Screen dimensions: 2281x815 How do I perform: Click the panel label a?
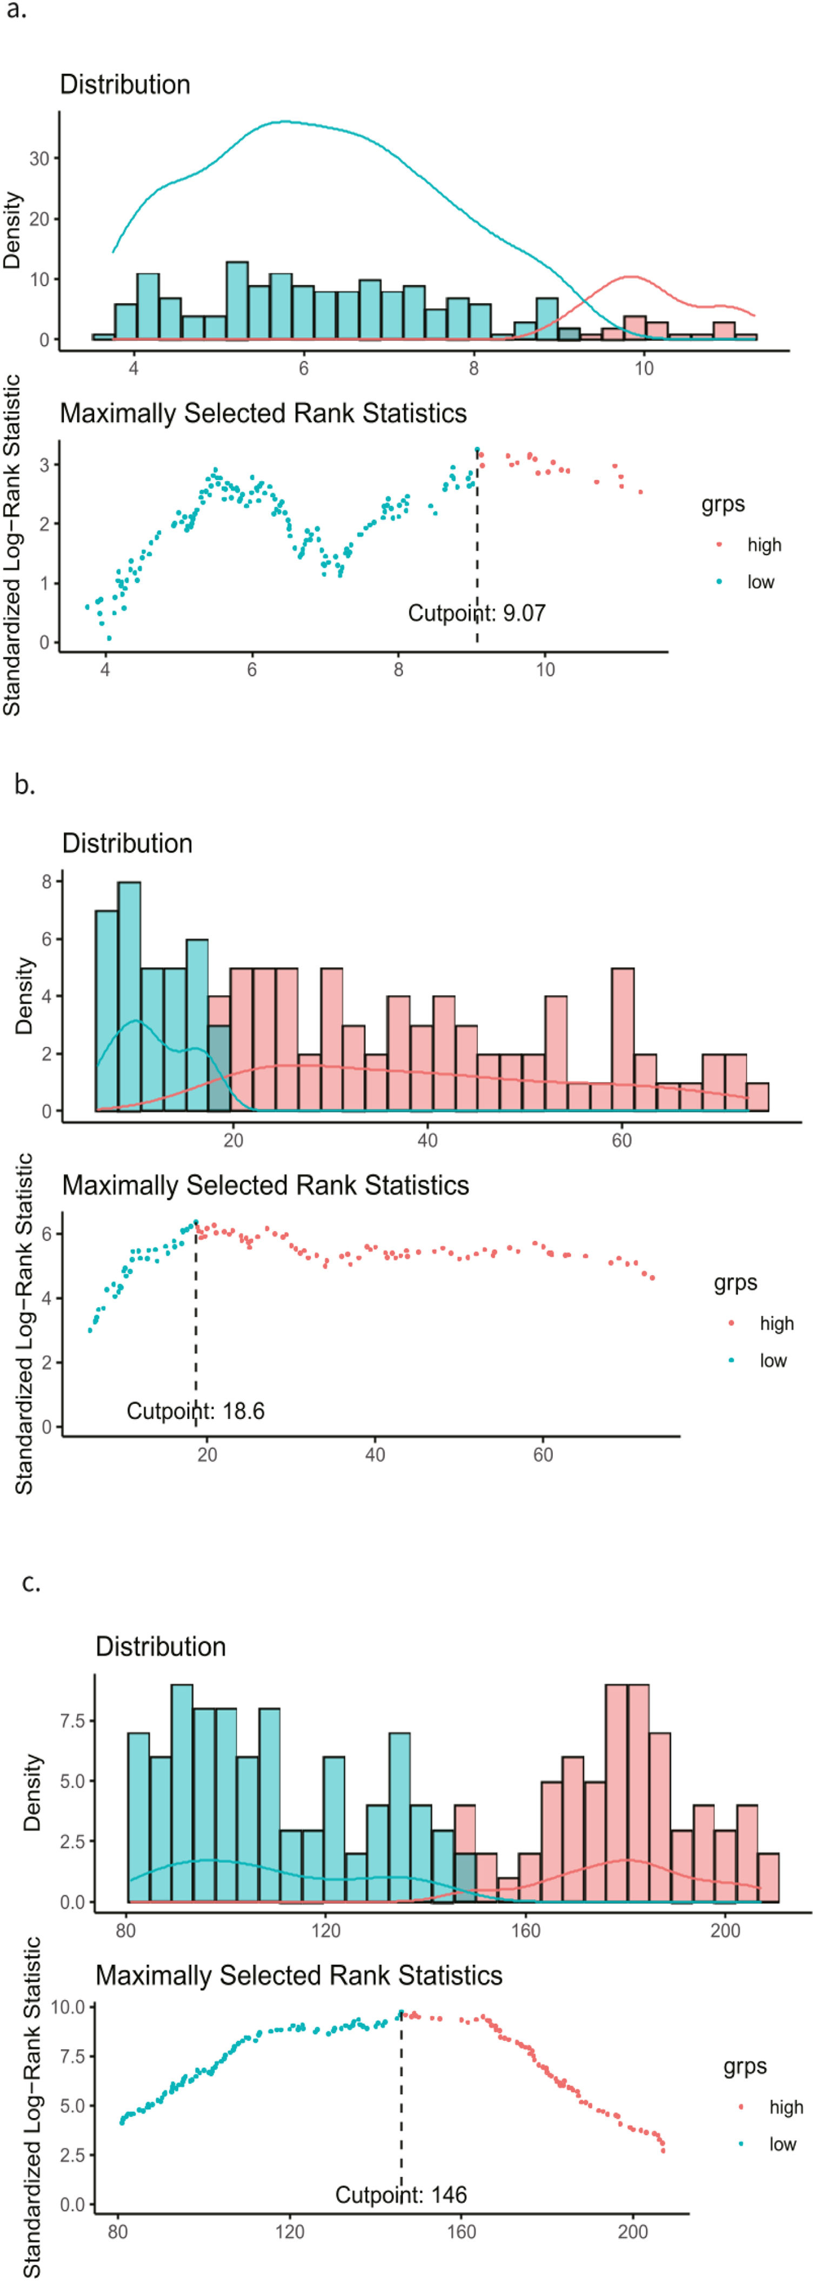[x=16, y=12]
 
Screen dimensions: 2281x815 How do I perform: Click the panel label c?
[x=31, y=1581]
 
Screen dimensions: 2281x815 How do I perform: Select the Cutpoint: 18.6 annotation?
[x=196, y=1410]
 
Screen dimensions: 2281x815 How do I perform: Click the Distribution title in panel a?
[x=125, y=85]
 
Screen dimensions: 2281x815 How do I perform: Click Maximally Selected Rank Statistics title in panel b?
[x=265, y=1185]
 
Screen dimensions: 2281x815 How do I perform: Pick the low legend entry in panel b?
[x=772, y=1360]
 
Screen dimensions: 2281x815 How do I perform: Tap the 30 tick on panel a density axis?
[x=39, y=159]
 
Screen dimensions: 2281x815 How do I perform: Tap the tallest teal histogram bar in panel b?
[x=129, y=996]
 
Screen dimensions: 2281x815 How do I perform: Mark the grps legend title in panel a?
[x=723, y=505]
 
